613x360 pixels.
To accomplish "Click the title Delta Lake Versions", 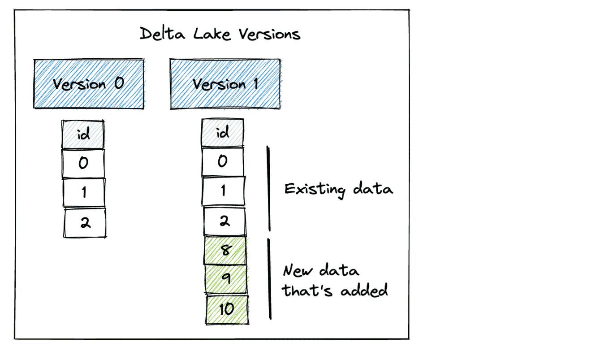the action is click(220, 34).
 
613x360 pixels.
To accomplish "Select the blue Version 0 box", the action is click(89, 84).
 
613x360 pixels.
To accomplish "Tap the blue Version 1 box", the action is click(225, 84).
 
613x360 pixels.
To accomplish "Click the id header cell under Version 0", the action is click(83, 134).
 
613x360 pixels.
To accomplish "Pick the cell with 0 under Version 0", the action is click(83, 164).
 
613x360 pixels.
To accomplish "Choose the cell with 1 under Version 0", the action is click(84, 192).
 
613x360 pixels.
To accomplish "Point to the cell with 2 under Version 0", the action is click(85, 223).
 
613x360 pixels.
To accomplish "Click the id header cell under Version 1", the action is click(223, 133).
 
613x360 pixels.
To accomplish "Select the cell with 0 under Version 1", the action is click(223, 161).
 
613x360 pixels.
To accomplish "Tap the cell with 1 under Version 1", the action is click(223, 191).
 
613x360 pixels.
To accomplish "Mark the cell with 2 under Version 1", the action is click(224, 221).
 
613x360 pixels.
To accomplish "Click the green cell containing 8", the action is click(225, 250).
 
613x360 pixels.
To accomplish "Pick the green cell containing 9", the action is click(226, 279).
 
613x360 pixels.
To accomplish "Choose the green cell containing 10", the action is click(227, 310).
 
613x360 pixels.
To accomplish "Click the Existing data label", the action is click(339, 190).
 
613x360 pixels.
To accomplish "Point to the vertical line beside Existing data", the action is click(269, 189).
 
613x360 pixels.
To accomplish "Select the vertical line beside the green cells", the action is click(270, 279).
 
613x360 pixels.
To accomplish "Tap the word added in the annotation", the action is click(364, 290).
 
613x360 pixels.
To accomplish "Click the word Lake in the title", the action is click(212, 34).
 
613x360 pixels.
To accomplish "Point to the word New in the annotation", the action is click(298, 270).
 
